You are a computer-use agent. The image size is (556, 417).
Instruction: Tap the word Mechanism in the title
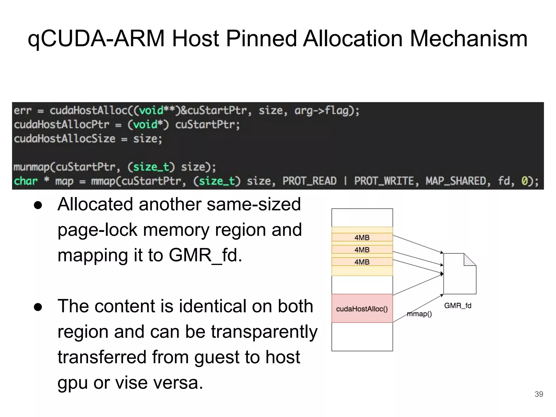[468, 39]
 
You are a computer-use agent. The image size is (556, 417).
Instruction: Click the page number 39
[539, 394]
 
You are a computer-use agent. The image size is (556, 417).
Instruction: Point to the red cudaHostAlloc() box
[362, 308]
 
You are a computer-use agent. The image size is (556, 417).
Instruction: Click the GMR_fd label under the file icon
[457, 306]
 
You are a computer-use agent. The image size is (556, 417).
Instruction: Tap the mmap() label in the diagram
[419, 314]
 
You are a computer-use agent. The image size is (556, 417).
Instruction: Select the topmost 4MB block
[362, 238]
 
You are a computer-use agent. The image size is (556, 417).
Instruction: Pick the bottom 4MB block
[362, 262]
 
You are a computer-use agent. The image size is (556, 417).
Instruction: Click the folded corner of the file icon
[469, 260]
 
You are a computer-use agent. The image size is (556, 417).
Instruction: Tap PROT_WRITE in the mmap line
[384, 181]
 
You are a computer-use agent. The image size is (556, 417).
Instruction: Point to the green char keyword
[26, 181]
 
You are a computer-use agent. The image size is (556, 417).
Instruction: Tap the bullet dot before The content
[38, 307]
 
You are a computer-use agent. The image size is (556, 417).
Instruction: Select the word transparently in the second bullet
[264, 332]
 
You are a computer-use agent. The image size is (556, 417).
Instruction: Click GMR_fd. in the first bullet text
[205, 255]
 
